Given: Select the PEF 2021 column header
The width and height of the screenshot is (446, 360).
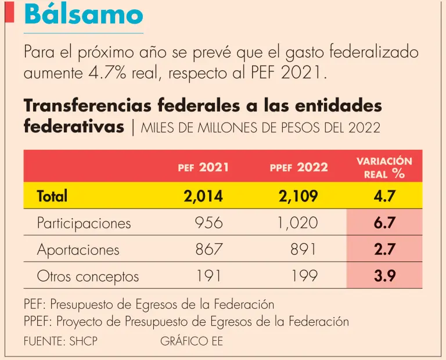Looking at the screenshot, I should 203,168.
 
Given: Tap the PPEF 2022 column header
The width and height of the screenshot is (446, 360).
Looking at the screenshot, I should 298,168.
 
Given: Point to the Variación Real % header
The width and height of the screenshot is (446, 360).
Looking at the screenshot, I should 384,167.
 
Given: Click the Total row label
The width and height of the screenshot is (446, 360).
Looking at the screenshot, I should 52,196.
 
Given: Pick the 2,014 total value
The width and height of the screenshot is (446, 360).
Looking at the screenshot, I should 203,196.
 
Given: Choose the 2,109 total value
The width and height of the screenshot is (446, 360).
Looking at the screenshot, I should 298,196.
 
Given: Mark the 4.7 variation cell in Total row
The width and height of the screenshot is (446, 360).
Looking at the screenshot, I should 384,196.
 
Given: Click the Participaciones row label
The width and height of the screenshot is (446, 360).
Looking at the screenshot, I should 84,223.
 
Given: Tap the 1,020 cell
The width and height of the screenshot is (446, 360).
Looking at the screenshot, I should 298,223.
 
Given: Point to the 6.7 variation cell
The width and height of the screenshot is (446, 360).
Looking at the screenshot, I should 384,223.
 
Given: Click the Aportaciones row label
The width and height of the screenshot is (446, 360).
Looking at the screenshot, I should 78,250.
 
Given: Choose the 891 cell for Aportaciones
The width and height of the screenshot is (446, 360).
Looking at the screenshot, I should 303,250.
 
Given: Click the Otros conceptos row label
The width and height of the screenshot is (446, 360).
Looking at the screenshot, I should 88,276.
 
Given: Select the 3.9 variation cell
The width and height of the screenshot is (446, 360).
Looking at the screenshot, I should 384,276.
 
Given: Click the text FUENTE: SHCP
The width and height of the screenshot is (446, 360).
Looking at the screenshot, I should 60,341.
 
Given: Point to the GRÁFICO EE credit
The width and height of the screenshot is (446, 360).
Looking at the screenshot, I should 191,341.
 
